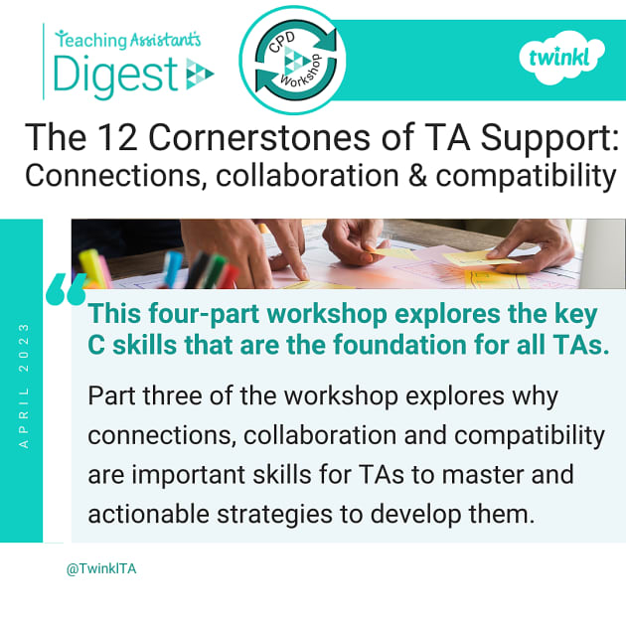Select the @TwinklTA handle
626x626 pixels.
pos(101,569)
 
